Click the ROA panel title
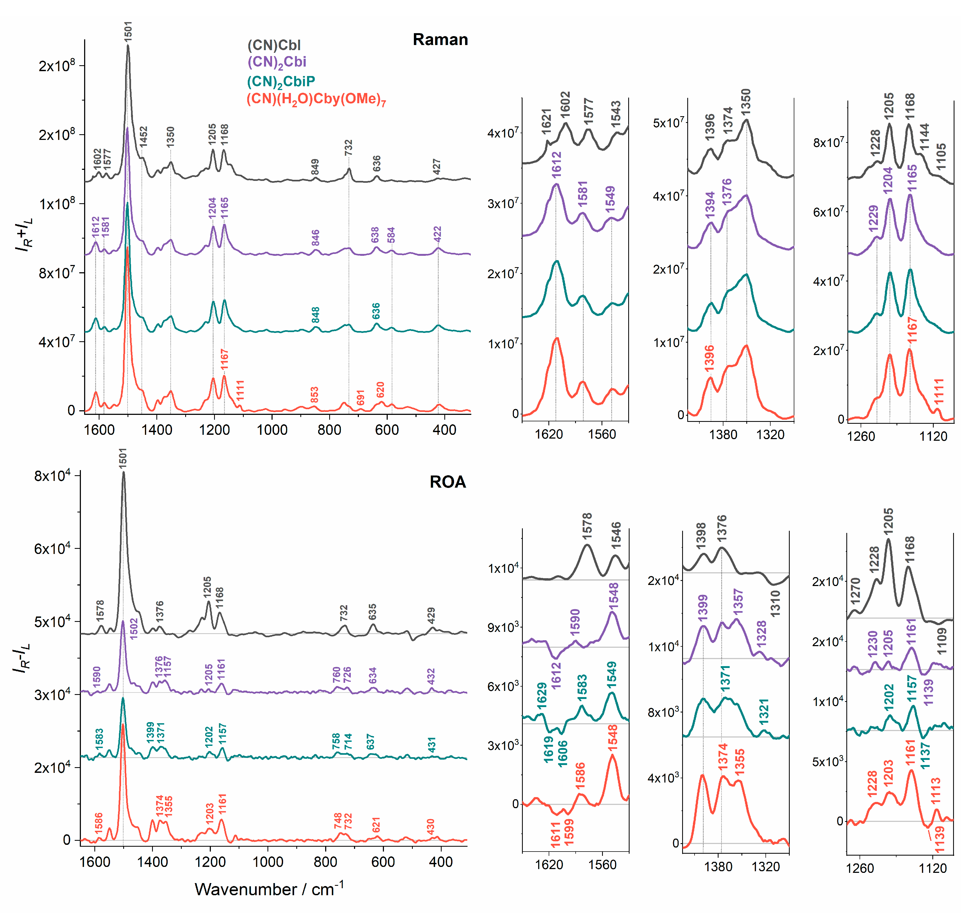(x=447, y=482)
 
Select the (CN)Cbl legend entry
(x=274, y=45)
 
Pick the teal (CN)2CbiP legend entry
(x=281, y=81)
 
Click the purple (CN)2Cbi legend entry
(x=276, y=62)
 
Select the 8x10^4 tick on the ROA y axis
(x=52, y=476)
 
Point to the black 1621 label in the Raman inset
(x=547, y=121)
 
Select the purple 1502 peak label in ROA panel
(x=133, y=629)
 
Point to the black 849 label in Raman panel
(x=315, y=167)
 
